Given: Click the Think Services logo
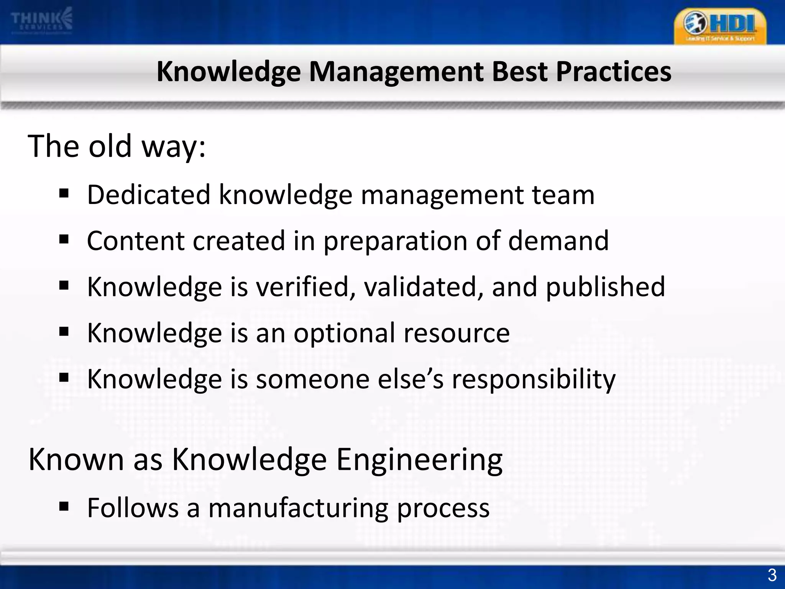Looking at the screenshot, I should (41, 21).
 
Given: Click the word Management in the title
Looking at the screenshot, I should (396, 72).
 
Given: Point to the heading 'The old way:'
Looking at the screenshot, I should (117, 146).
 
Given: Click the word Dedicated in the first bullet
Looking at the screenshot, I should (149, 194).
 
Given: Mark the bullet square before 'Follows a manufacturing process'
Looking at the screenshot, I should (64, 507).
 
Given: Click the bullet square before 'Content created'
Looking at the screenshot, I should (64, 240).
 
